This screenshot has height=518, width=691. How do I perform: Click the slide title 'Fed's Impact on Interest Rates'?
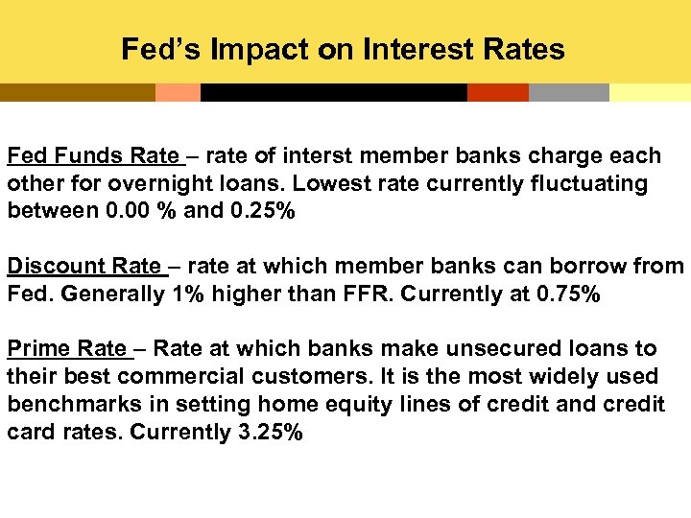[343, 49]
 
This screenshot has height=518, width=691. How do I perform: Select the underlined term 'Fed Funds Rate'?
[92, 156]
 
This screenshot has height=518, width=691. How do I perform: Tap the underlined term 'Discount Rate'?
[83, 267]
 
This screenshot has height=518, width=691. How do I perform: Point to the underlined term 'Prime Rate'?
[66, 348]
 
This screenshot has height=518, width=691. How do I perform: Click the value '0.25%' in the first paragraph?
[263, 211]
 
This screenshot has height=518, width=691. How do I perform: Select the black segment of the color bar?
[333, 93]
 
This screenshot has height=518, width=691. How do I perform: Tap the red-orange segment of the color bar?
[497, 93]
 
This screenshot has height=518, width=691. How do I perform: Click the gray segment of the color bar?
[568, 93]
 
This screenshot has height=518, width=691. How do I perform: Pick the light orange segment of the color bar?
[178, 93]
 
